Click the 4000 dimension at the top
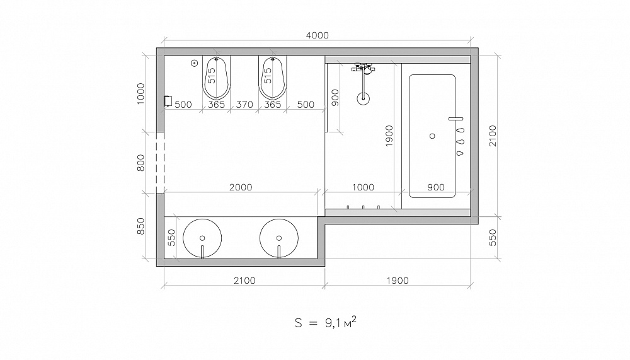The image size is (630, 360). point(317,35)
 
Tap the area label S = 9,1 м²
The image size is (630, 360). point(326,323)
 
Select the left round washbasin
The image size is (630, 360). point(202,238)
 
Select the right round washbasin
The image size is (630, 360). point(279,238)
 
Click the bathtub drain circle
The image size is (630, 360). point(432,136)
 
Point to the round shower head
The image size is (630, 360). point(364,98)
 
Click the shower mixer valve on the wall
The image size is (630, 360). point(364,68)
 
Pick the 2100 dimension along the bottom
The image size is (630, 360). point(244,281)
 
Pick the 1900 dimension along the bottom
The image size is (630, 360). point(398,281)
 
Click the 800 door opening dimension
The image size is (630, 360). point(140,163)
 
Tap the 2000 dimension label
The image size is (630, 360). point(241,187)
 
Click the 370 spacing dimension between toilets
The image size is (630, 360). point(244,105)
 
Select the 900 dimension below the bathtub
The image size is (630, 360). point(436,187)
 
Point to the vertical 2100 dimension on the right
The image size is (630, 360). point(493,136)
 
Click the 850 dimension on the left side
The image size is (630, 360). point(140,226)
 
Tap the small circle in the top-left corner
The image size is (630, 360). point(195,63)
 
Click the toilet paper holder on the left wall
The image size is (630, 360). point(168,101)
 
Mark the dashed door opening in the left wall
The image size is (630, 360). point(160,163)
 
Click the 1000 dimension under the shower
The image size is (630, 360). point(363,187)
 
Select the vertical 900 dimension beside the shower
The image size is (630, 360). point(335,98)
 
